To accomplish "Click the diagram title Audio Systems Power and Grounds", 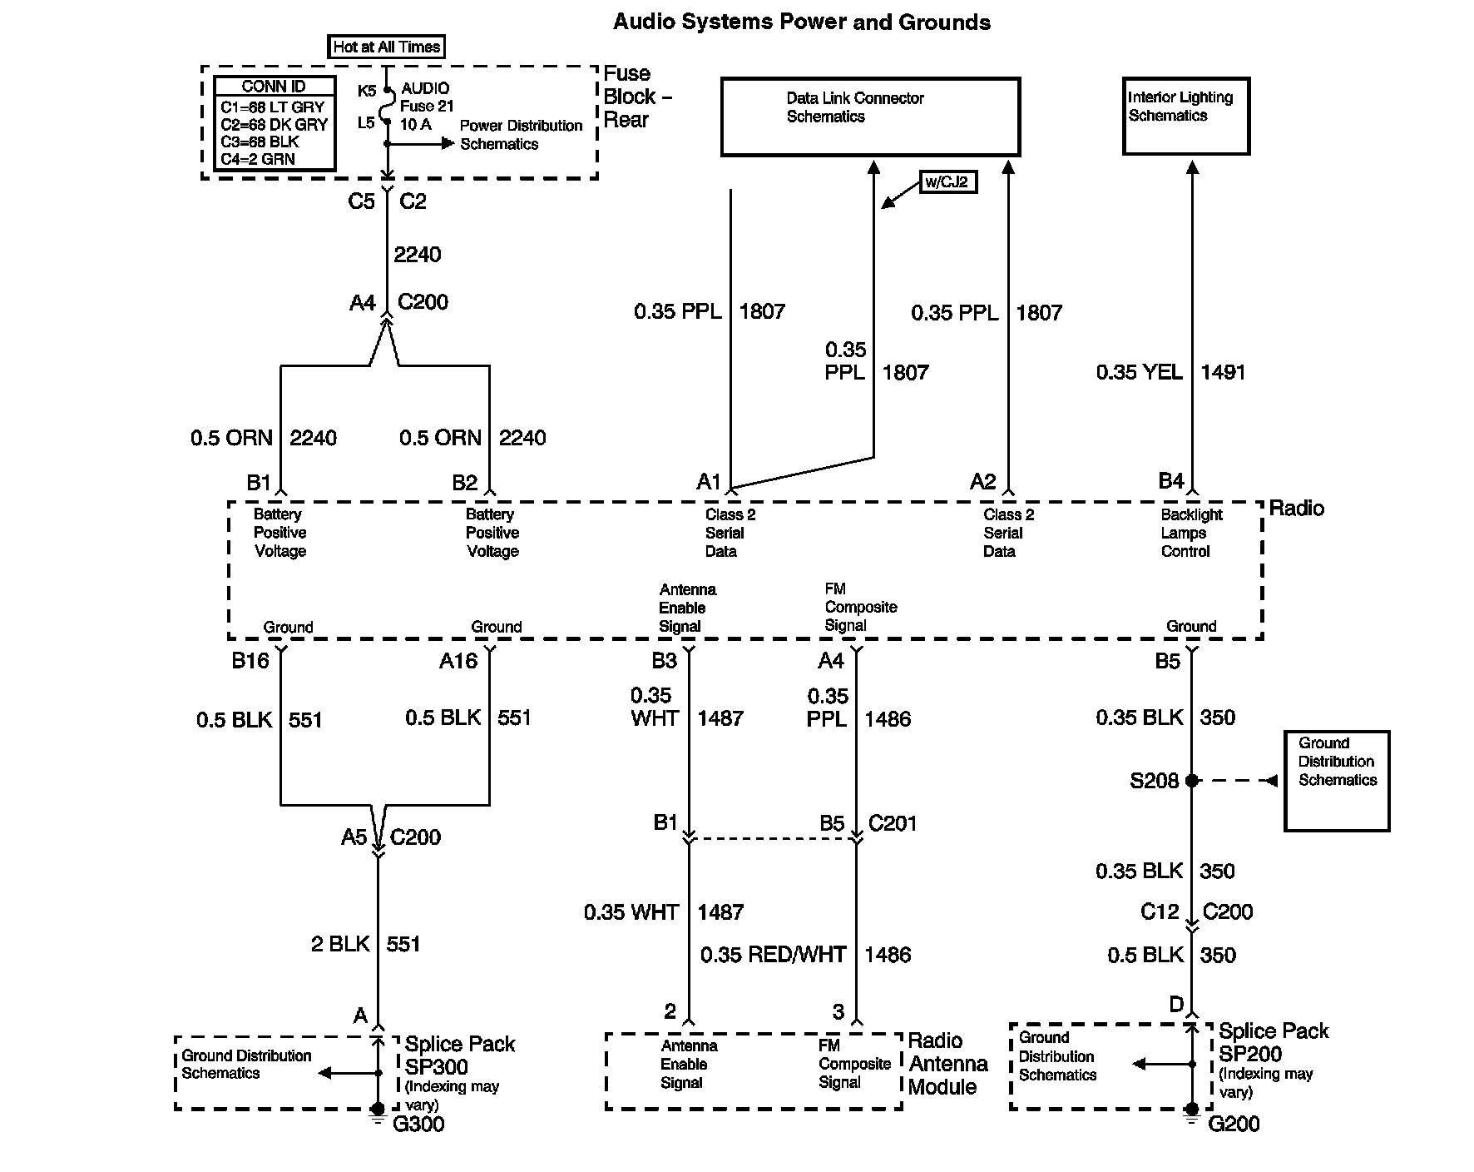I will tap(801, 22).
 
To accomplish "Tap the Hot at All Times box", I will tap(386, 47).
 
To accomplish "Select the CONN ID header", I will tap(274, 87).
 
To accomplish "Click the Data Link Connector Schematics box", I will tap(870, 117).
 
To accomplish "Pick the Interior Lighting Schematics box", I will tap(1185, 116).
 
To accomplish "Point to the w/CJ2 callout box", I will tap(947, 181).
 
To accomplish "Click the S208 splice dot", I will tap(1191, 781).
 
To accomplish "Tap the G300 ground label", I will tap(418, 1125).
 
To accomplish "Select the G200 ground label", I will tap(1233, 1125).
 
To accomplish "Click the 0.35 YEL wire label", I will tap(1139, 372).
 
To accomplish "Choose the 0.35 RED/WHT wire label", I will tap(773, 955).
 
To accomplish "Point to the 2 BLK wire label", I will tap(340, 944).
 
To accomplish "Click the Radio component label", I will tap(1296, 509).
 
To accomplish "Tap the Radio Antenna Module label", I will tap(947, 1064).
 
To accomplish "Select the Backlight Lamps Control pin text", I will tap(1190, 533).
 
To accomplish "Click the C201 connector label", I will tap(892, 823).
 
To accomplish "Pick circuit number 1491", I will tap(1223, 372).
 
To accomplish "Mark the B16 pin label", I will tap(250, 661).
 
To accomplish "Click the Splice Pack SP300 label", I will tap(459, 1055).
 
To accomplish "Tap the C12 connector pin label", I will tap(1159, 912).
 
